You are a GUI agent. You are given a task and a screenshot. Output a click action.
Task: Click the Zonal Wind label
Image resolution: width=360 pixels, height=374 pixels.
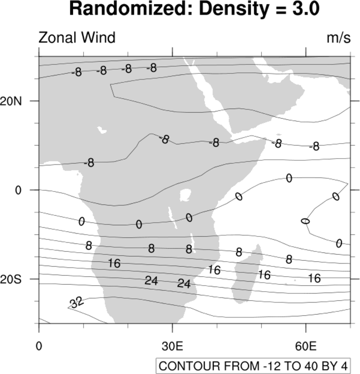[77, 38]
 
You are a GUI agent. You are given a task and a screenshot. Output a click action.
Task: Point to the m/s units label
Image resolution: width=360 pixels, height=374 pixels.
[339, 38]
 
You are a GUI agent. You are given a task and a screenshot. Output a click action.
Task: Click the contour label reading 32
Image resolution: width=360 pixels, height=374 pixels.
[77, 302]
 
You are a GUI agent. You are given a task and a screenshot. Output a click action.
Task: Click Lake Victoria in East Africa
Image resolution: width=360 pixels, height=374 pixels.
[185, 194]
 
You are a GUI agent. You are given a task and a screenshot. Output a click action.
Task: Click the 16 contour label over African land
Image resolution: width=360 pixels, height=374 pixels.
[114, 263]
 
